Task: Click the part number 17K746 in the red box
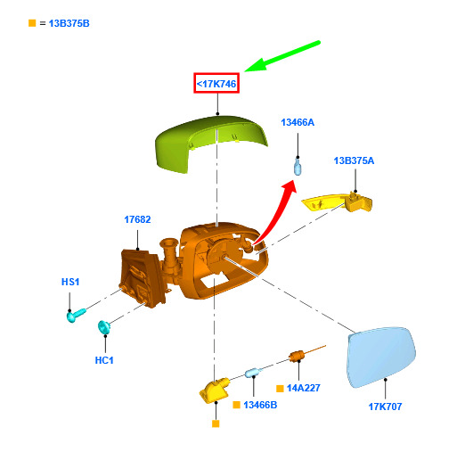click(x=216, y=84)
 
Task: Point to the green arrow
click(x=282, y=56)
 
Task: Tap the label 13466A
click(x=298, y=122)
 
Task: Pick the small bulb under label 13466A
click(x=298, y=167)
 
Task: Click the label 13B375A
click(x=354, y=160)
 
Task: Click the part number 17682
click(x=137, y=219)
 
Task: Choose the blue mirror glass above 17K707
click(x=381, y=357)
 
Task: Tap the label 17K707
click(x=385, y=407)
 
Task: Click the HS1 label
click(x=70, y=282)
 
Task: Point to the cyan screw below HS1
click(x=76, y=315)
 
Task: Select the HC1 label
click(x=104, y=360)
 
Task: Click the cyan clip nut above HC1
click(x=104, y=327)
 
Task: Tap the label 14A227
click(x=304, y=388)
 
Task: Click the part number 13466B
click(x=260, y=405)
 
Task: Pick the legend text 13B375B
click(x=69, y=23)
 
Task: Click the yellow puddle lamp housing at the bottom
click(x=215, y=390)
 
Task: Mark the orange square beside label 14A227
click(x=280, y=389)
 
